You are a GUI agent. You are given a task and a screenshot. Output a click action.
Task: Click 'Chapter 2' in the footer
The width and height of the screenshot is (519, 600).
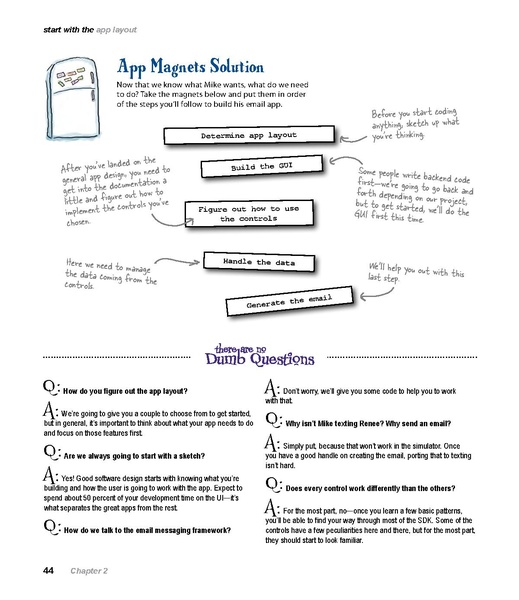[x=89, y=570]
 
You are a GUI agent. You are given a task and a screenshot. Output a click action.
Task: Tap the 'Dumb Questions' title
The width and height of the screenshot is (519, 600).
[x=259, y=358]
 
